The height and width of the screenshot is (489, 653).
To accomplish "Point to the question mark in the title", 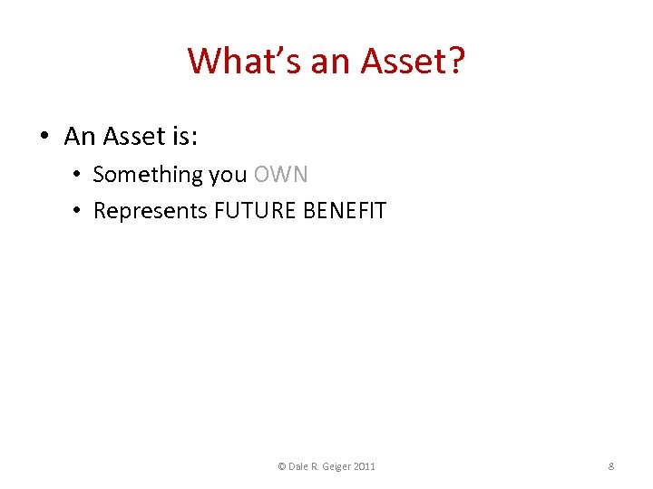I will [x=455, y=62].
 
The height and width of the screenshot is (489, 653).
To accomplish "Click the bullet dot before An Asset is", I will [x=44, y=137].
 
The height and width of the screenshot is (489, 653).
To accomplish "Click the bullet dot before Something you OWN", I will [x=79, y=174].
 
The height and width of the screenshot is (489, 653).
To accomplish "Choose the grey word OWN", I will [x=281, y=174].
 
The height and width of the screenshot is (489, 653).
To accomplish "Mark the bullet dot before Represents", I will [x=79, y=211].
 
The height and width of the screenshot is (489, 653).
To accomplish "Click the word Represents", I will [x=151, y=211].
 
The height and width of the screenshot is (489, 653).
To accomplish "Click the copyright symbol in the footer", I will [x=281, y=466].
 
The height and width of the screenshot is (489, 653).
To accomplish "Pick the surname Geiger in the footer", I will [x=336, y=466].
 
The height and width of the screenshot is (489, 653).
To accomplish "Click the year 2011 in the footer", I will [x=365, y=466].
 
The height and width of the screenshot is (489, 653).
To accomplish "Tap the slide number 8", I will [x=611, y=466].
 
